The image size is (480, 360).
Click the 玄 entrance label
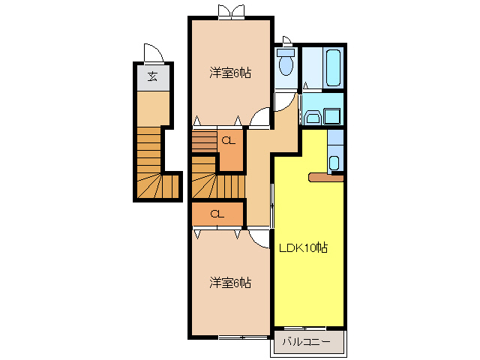152,76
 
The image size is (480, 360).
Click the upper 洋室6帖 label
229,73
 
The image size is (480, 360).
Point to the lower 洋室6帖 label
229,283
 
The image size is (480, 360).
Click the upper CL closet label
229,139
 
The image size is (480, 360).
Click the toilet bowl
285,67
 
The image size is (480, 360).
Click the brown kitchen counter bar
325,178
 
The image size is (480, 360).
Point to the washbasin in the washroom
312,117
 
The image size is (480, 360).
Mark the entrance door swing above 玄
152,53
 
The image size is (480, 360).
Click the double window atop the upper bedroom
229,11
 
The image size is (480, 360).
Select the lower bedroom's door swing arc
259,237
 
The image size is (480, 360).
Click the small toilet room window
286,41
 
